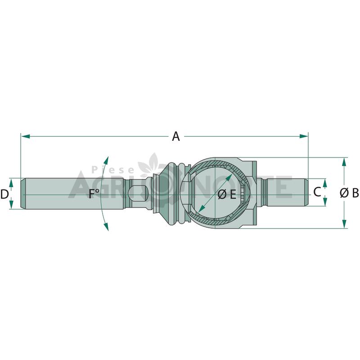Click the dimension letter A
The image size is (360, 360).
click(x=176, y=136)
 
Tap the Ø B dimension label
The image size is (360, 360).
click(x=349, y=193)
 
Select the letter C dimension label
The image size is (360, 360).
click(x=317, y=192)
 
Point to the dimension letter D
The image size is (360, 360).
click(x=4, y=194)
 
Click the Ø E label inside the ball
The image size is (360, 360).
click(x=227, y=195)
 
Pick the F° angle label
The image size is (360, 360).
click(x=94, y=193)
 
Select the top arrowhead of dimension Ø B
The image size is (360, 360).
click(x=344, y=162)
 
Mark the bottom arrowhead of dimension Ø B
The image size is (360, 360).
click(x=344, y=224)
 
